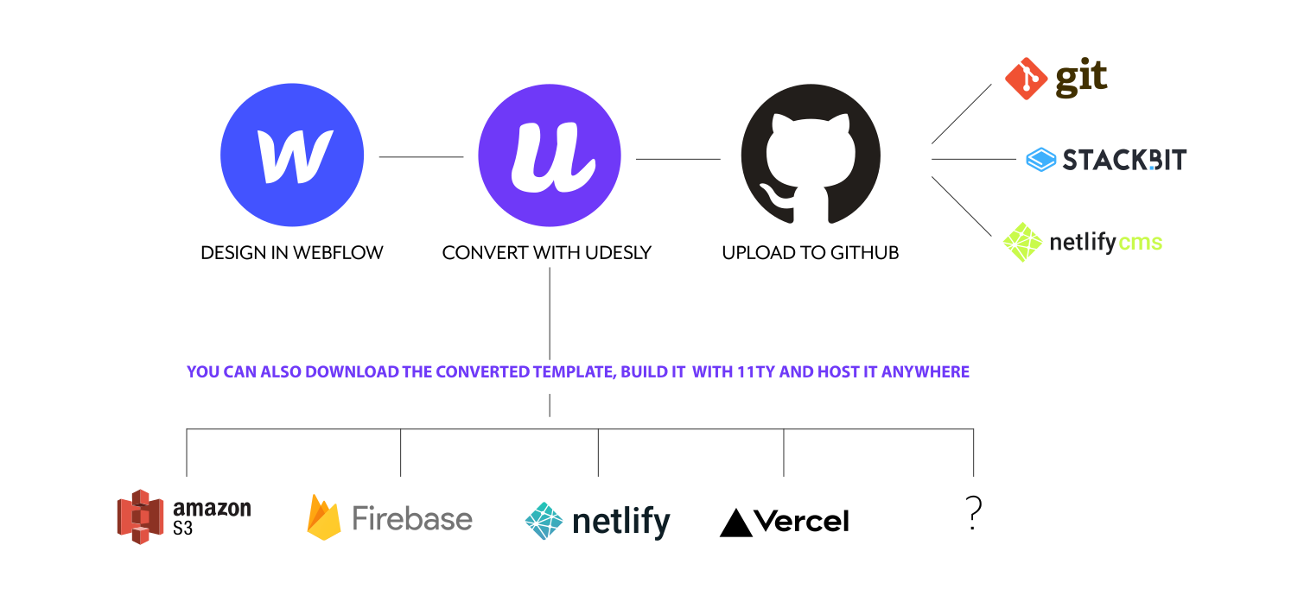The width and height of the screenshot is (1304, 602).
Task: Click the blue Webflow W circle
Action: tap(292, 155)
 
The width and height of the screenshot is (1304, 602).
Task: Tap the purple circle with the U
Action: tap(550, 155)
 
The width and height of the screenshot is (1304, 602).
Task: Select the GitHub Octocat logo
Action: tap(811, 154)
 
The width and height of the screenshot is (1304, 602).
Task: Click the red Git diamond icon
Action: tap(1027, 79)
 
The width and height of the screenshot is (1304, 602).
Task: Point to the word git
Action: tap(1080, 79)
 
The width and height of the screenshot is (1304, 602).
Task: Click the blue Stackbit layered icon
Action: tap(1041, 160)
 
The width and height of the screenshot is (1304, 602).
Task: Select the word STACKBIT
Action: tap(1123, 160)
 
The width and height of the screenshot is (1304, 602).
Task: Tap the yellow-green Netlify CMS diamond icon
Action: tap(1022, 242)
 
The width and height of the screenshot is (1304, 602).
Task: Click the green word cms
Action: tap(1141, 243)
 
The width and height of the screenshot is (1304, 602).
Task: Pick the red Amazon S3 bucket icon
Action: tap(140, 516)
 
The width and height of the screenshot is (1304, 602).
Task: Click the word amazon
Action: tap(212, 509)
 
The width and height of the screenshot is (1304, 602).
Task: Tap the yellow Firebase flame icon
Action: tap(324, 517)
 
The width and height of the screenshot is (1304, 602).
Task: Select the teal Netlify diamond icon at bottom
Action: tap(544, 521)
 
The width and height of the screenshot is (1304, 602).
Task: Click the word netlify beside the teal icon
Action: tap(621, 522)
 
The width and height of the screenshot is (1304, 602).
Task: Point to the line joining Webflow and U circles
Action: tap(421, 157)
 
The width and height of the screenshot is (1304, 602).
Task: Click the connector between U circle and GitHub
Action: tap(677, 159)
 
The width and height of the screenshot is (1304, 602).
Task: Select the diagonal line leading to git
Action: tap(961, 114)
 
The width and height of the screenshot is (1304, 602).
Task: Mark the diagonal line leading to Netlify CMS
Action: tap(961, 206)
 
